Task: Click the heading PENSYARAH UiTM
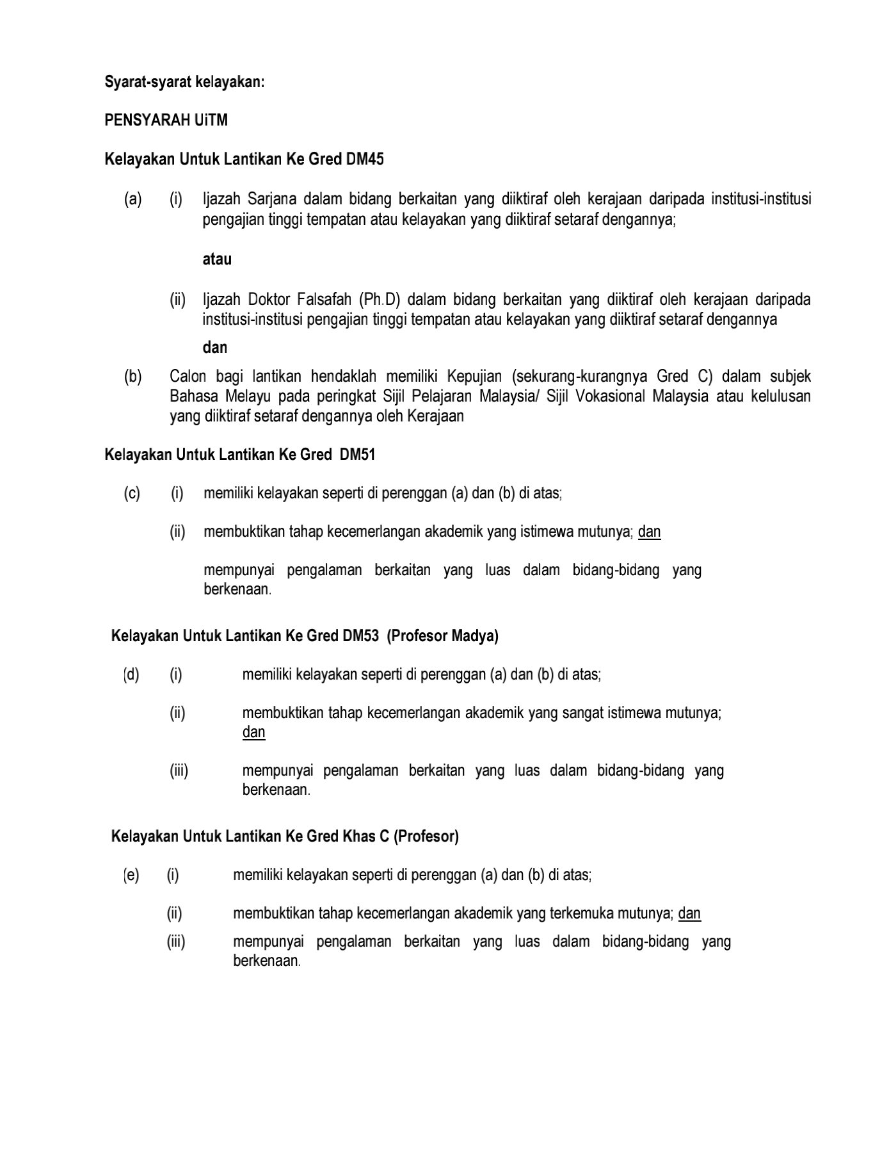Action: point(166,120)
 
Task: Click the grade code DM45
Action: point(365,159)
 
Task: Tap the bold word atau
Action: point(217,259)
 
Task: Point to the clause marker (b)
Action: point(132,377)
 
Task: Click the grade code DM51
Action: point(358,455)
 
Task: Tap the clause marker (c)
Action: point(132,494)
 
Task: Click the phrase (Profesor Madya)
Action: point(443,636)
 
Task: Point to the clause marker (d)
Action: point(131,674)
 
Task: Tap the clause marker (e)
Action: point(131,875)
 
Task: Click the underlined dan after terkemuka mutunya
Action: point(689,913)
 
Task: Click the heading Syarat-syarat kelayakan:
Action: point(184,82)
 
